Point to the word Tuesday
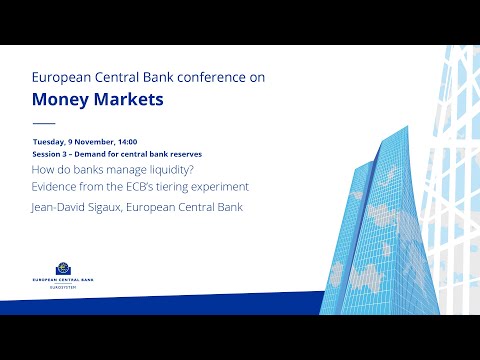pos(48,143)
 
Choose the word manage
pos(118,170)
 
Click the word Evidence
pos(56,187)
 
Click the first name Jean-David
pos(64,207)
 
